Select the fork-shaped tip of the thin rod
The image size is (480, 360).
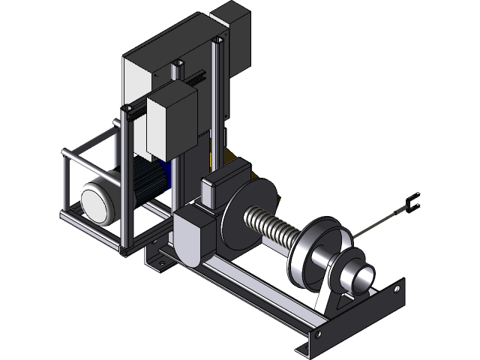coord(412,202)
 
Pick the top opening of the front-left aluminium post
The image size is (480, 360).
coord(124,112)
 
